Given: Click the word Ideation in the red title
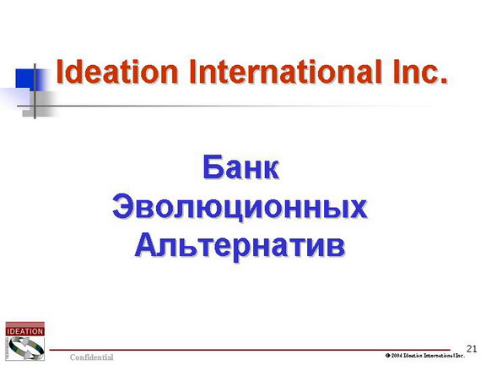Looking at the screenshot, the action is tap(116, 71).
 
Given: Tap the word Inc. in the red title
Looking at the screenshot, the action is tap(420, 71).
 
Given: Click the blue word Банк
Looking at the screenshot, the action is tap(240, 167).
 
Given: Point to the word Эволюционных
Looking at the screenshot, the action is tap(240, 207).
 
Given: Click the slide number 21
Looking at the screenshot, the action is tap(472, 349).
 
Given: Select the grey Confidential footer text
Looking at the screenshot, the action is tap(91, 357).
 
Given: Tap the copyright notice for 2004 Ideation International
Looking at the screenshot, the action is tap(425, 356).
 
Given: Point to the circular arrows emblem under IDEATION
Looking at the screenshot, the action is tap(24, 348).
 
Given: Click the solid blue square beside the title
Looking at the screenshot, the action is tap(26, 79).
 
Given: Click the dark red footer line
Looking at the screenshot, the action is tap(250, 350).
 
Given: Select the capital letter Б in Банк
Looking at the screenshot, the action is tap(212, 167).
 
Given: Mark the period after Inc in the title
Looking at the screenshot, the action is tap(445, 81).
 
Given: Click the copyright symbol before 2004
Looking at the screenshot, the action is tap(388, 356).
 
